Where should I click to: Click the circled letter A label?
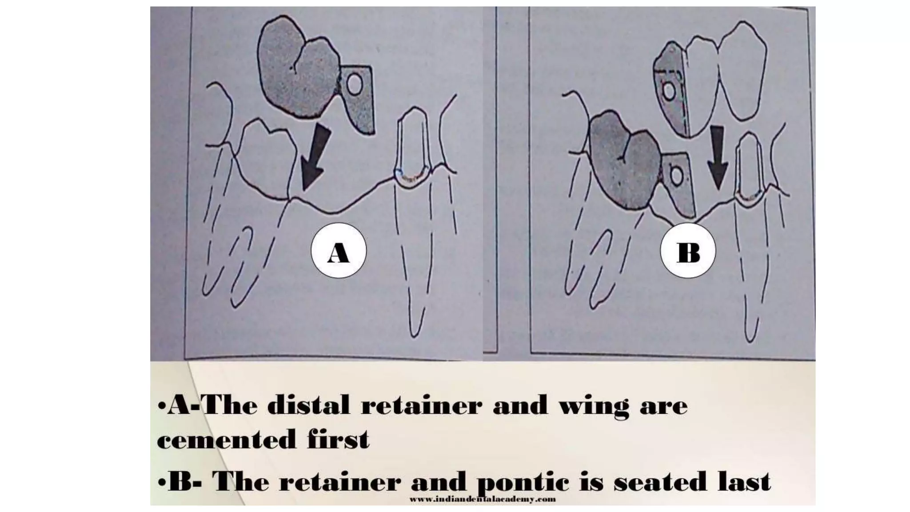[x=339, y=251]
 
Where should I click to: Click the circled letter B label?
[x=688, y=251]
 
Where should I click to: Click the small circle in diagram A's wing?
[x=354, y=85]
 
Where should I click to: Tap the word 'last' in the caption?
[x=744, y=482]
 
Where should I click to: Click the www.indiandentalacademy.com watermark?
[x=482, y=500]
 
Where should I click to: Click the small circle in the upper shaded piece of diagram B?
[x=668, y=92]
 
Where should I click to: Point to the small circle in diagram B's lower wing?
[x=677, y=177]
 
